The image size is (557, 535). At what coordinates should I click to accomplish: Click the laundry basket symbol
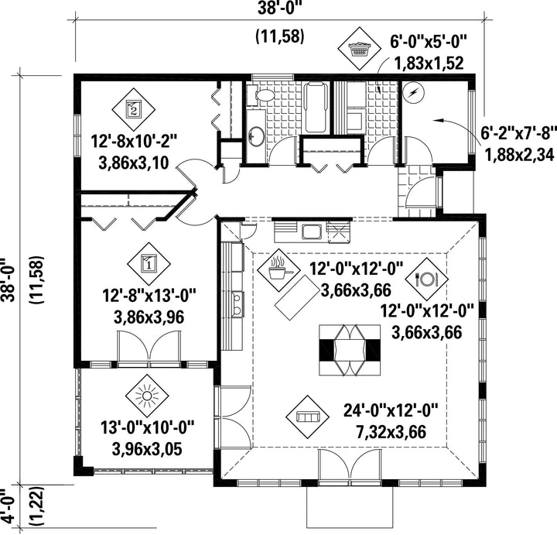pyautogui.click(x=359, y=49)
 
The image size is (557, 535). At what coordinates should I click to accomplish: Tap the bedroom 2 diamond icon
pyautogui.click(x=134, y=109)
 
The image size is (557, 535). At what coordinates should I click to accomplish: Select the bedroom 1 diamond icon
pyautogui.click(x=149, y=264)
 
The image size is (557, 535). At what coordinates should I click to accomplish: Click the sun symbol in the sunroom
pyautogui.click(x=147, y=396)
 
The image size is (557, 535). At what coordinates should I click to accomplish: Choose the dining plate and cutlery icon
pyautogui.click(x=427, y=279)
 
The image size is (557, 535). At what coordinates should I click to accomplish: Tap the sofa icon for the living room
pyautogui.click(x=308, y=417)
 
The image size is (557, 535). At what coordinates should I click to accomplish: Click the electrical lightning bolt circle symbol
pyautogui.click(x=414, y=93)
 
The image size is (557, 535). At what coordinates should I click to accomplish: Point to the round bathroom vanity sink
pyautogui.click(x=256, y=135)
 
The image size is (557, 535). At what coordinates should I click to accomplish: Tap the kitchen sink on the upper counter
pyautogui.click(x=313, y=231)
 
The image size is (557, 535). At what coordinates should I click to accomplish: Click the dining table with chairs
pyautogui.click(x=350, y=350)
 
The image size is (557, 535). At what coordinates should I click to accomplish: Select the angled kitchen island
pyautogui.click(x=296, y=293)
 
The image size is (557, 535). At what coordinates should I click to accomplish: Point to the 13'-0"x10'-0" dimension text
pyautogui.click(x=148, y=438)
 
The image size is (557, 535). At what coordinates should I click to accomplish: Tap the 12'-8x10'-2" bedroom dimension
pyautogui.click(x=134, y=153)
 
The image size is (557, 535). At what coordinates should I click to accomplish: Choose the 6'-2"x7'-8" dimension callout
pyautogui.click(x=518, y=144)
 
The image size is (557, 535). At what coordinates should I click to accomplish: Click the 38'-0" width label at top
pyautogui.click(x=282, y=9)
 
